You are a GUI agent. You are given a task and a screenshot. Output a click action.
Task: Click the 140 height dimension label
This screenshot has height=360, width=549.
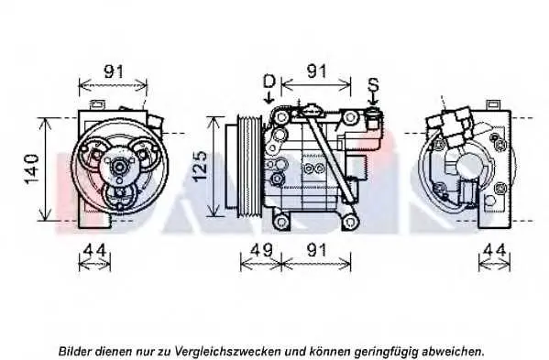tap(31, 169)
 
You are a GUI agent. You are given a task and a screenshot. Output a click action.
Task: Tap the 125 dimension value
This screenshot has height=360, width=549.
tap(200, 166)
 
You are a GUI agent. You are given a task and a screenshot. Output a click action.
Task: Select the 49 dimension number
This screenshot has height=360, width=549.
tap(261, 250)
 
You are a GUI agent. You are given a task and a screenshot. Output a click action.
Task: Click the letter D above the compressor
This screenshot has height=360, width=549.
tap(269, 82)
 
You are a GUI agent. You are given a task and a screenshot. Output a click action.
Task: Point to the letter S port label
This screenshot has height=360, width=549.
tap(373, 84)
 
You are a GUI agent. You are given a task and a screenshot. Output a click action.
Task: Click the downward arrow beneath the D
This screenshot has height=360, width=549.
tap(269, 96)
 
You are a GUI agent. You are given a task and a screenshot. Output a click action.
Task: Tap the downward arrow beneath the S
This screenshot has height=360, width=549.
tap(373, 99)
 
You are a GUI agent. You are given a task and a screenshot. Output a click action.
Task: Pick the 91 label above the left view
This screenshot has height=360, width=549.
tap(114, 71)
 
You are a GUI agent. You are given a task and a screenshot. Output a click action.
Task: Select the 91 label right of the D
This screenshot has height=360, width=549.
tap(316, 71)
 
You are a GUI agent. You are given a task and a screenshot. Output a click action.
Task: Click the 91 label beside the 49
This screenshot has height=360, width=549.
tap(316, 250)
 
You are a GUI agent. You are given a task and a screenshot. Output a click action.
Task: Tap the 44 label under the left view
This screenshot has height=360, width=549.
tap(95, 250)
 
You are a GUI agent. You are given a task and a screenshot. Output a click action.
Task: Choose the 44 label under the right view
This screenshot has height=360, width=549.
tap(494, 250)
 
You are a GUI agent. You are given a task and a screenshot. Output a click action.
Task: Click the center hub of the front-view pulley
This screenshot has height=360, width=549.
tap(119, 168)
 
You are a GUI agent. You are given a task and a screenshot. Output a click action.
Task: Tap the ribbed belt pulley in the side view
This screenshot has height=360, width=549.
tap(249, 167)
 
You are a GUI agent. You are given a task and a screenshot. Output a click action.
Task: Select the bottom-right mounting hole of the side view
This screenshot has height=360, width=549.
tap(349, 222)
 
